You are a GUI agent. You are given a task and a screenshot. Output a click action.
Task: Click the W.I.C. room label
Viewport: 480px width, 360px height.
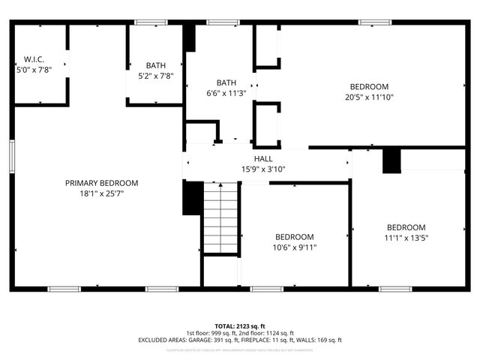(x=33, y=59)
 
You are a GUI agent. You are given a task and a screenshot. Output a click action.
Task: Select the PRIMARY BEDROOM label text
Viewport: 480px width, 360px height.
(x=101, y=183)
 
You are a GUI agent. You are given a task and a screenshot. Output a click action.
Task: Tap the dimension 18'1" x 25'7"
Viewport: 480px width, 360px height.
(x=101, y=193)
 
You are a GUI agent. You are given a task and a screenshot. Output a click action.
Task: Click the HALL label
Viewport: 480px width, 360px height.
(x=263, y=159)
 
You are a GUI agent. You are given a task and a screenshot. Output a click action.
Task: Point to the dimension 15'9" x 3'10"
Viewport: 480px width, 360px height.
(x=263, y=169)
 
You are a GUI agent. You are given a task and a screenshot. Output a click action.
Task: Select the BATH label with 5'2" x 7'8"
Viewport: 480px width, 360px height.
(x=155, y=65)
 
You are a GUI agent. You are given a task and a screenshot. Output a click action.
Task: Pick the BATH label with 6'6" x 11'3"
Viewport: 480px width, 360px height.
(x=226, y=83)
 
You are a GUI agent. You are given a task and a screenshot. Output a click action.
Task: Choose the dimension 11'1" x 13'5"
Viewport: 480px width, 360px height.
(x=406, y=238)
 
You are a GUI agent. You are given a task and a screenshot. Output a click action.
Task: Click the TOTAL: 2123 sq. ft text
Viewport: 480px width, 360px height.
(x=240, y=325)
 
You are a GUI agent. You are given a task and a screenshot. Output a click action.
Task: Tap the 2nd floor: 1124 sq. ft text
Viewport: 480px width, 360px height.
(x=267, y=333)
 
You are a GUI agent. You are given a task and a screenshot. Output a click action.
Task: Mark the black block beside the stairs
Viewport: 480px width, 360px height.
(x=193, y=198)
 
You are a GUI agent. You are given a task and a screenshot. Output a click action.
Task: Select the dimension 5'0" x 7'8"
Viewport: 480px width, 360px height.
(x=33, y=69)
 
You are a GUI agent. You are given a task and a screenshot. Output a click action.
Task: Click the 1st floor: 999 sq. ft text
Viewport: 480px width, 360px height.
(x=212, y=333)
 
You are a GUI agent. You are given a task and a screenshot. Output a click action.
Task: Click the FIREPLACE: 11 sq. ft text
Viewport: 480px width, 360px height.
(x=277, y=340)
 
